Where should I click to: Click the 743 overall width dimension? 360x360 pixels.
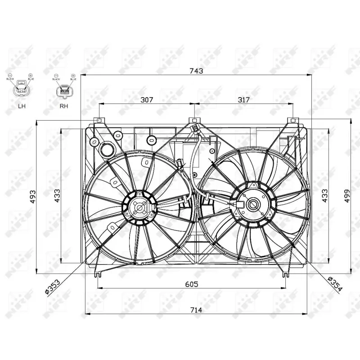tap(197, 71)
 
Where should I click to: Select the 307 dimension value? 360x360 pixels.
tap(147, 99)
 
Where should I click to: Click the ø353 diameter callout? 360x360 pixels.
tap(53, 286)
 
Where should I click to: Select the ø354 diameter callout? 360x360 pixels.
tap(335, 285)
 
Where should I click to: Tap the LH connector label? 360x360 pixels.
tap(21, 107)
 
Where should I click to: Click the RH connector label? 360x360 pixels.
tap(63, 107)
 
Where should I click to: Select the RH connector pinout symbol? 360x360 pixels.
tap(63, 91)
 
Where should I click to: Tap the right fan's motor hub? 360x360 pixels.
tap(253, 205)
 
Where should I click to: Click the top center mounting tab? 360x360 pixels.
tap(194, 121)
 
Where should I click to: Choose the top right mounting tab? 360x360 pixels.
tap(293, 121)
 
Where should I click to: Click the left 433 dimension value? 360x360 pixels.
tap(57, 196)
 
